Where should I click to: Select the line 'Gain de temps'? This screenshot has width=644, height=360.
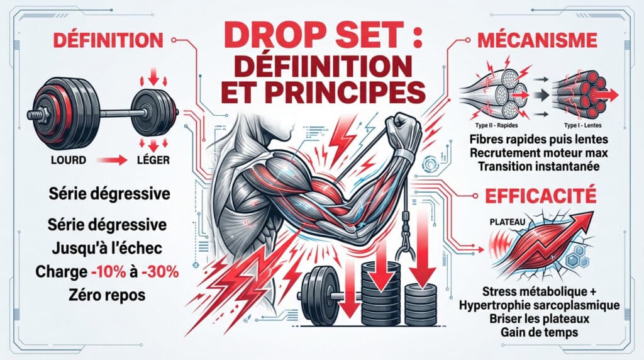(x=540, y=332)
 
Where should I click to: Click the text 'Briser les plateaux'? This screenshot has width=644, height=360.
(x=540, y=318)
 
